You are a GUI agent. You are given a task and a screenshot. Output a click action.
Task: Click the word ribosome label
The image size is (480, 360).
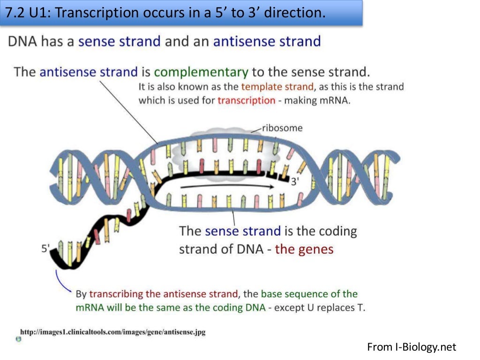click(x=282, y=128)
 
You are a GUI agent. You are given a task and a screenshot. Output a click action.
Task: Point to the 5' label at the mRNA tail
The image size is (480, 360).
click(x=45, y=249)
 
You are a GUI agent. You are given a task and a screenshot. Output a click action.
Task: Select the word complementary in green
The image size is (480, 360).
click(x=201, y=72)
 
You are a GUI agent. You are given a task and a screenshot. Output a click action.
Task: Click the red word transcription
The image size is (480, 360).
click(x=246, y=100)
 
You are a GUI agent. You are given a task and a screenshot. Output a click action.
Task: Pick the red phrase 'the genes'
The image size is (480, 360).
click(x=304, y=249)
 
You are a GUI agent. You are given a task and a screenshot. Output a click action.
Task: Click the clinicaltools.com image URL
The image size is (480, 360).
click(x=112, y=332)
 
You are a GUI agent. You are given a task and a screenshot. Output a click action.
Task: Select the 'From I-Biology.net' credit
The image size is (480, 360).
click(x=411, y=347)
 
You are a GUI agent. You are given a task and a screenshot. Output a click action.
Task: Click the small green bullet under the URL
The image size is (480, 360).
click(x=18, y=339)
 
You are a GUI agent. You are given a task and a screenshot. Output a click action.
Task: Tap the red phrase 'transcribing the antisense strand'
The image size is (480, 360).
click(x=164, y=294)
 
